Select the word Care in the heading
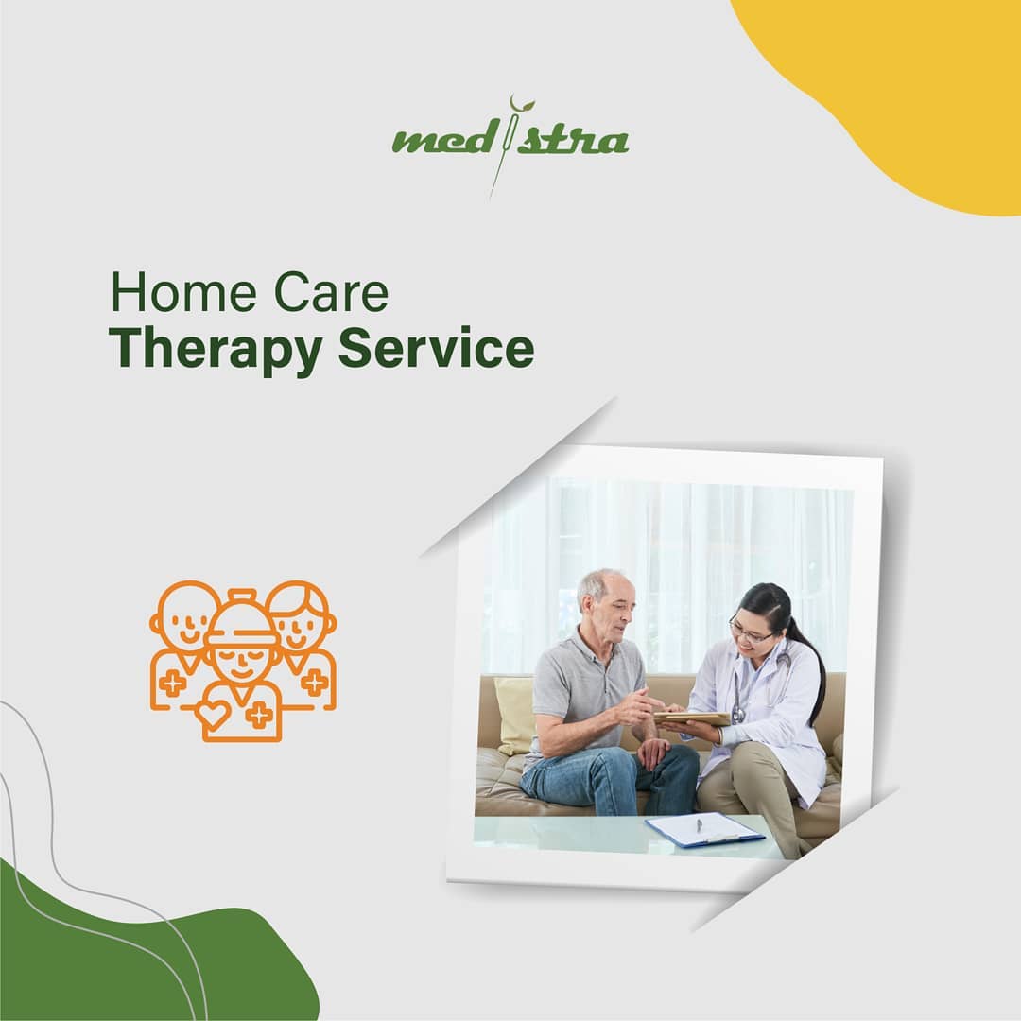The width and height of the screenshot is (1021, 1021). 331,294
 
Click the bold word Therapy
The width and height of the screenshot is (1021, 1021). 215,348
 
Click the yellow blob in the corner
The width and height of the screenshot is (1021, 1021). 908,85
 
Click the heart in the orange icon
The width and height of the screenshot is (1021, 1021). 214,713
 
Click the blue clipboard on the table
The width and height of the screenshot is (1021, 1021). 704,829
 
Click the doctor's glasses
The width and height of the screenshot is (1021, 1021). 749,632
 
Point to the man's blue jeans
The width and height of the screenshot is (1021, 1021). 605,780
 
